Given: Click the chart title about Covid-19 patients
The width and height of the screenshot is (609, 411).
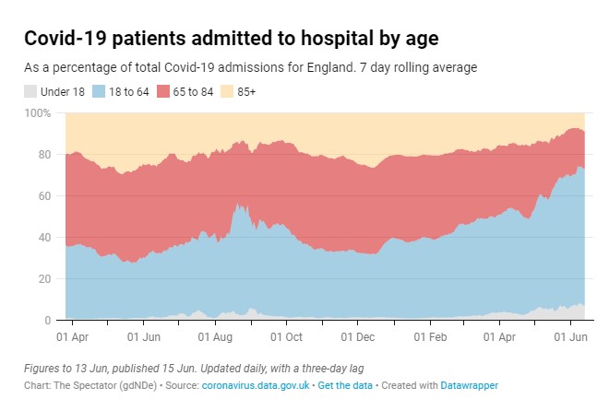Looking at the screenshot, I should click(231, 39).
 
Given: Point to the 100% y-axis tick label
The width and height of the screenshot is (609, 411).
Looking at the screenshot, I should click(38, 113).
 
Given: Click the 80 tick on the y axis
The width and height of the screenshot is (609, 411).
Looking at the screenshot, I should click(43, 155).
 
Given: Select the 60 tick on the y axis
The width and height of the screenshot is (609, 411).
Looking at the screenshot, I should click(43, 196).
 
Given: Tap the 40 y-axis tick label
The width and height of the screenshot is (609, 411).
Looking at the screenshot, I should click(43, 238).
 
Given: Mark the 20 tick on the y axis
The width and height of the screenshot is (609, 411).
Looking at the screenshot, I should click(43, 279).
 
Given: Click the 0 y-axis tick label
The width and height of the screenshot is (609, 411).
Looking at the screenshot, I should click(47, 321).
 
